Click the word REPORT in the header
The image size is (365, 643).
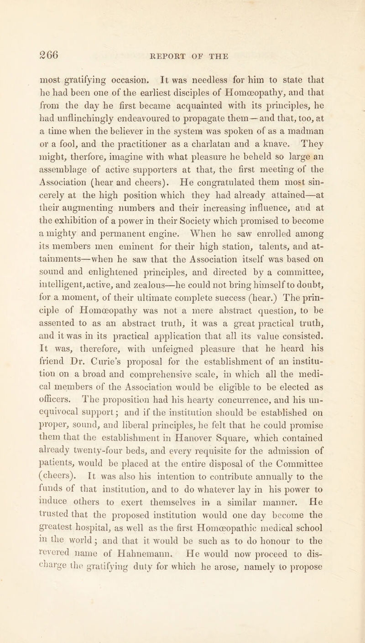[168, 46]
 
